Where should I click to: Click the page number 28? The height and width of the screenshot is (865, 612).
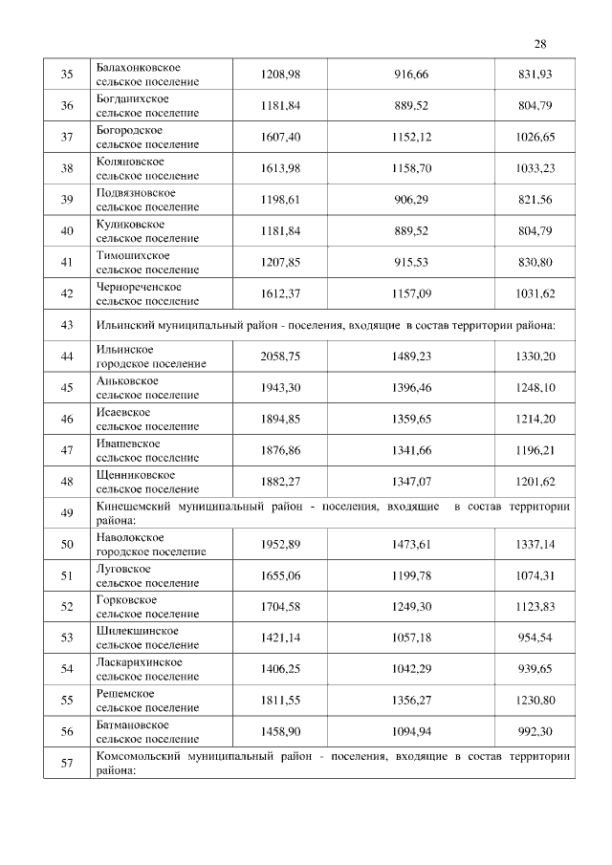540,44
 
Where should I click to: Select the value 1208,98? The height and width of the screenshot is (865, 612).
280,75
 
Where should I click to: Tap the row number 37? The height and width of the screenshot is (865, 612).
67,137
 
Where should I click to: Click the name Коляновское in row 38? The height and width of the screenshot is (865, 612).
130,162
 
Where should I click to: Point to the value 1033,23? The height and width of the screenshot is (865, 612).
535,168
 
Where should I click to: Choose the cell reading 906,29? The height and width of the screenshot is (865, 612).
411,200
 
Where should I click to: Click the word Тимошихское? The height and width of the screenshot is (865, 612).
134,255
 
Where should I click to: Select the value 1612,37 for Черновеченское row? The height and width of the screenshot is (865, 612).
280,293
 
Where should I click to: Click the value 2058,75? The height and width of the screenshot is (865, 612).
280,356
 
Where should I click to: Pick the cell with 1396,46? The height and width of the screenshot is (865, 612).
411,387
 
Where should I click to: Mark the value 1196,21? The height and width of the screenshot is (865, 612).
535,450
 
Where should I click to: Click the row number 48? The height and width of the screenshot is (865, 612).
67,482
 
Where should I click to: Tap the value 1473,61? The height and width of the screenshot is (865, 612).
411,544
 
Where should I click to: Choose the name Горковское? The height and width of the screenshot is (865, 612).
127,599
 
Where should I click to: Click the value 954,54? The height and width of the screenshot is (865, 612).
535,638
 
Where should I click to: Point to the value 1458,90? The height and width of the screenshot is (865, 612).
280,731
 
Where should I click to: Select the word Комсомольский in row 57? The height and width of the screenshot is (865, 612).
140,755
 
